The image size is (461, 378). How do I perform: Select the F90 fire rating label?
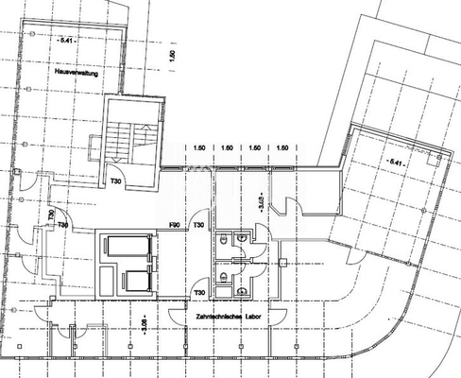point(175,225)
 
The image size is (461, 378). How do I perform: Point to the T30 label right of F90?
point(199,225)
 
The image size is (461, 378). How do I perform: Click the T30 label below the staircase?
point(116,180)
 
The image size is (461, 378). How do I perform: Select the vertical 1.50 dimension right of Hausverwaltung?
point(172,58)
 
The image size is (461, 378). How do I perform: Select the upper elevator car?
point(126,248)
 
